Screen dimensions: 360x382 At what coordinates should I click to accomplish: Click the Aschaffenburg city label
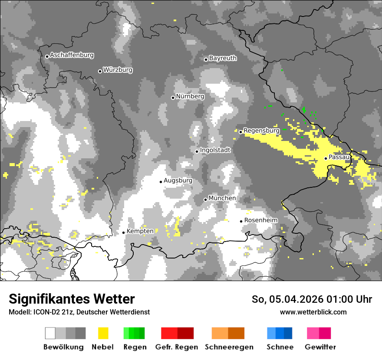tap(72, 55)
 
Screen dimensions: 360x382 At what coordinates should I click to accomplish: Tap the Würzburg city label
tap(118, 70)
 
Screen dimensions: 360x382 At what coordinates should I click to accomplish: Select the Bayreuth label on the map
tap(223, 58)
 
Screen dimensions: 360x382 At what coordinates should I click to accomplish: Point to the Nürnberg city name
tap(190, 96)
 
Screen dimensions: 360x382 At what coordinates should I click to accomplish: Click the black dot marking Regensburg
tap(240, 132)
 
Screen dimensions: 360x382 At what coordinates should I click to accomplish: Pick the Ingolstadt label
tap(215, 150)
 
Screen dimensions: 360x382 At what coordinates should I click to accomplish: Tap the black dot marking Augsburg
tap(161, 182)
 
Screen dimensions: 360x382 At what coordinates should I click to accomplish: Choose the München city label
tap(222, 198)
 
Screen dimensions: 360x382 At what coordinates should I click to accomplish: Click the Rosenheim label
tap(260, 220)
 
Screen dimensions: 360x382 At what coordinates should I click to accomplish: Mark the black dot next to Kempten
tap(123, 232)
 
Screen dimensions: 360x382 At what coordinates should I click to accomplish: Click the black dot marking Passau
tap(326, 158)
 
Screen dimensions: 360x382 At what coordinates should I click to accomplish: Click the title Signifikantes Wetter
tap(72, 299)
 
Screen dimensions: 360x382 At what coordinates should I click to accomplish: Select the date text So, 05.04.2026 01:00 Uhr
tap(312, 299)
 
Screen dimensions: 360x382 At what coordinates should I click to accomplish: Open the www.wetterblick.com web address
tap(313, 312)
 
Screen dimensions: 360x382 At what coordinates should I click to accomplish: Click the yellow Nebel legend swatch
tap(103, 333)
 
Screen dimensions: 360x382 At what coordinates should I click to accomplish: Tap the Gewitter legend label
tap(320, 347)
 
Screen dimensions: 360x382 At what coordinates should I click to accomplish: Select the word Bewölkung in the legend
tap(63, 347)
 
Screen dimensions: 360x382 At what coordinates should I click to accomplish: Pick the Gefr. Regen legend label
tap(177, 347)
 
